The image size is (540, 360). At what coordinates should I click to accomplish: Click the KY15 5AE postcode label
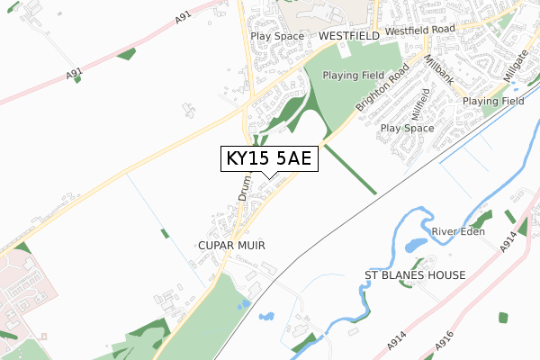click(x=267, y=159)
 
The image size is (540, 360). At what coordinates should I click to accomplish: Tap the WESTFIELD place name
click(x=349, y=36)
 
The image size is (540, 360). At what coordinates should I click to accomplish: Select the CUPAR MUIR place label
click(x=232, y=245)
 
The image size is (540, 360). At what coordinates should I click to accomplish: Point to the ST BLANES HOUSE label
click(x=415, y=274)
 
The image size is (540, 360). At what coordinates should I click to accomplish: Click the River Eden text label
click(x=458, y=232)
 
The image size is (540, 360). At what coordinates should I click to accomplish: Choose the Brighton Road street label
click(x=382, y=87)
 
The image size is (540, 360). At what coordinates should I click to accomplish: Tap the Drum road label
click(x=245, y=186)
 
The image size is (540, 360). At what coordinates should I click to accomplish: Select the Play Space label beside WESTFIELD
click(x=278, y=36)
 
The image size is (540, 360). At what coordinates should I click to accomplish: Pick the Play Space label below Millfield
click(x=407, y=129)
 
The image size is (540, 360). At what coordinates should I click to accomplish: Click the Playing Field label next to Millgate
click(x=493, y=102)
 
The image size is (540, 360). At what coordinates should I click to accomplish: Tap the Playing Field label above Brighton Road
click(x=354, y=76)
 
